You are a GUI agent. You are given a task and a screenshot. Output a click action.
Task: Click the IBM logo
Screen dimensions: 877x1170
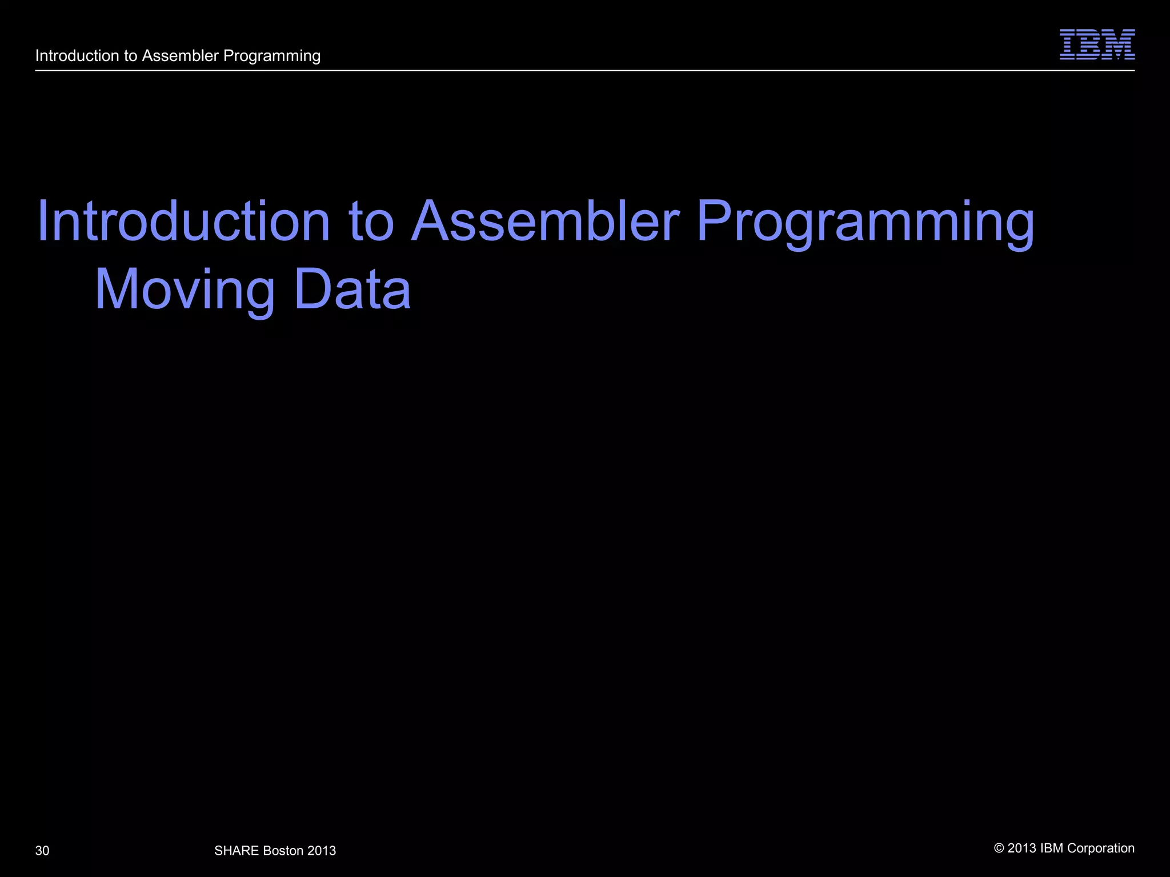point(1097,45)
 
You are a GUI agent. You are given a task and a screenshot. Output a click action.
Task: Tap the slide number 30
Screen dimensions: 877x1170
point(42,851)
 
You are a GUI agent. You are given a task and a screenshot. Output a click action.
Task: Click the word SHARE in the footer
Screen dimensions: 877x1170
point(237,851)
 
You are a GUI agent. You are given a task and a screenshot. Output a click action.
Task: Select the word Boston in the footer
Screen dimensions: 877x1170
point(283,851)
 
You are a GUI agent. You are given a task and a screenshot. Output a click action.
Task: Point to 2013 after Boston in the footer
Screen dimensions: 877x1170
point(322,851)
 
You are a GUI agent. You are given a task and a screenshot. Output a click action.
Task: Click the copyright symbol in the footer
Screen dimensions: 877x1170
point(999,848)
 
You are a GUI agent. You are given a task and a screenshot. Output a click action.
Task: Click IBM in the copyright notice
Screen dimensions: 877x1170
point(1051,848)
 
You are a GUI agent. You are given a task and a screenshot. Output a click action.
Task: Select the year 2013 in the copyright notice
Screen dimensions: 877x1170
point(1022,848)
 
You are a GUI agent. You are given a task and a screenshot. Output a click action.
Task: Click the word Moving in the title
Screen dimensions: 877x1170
point(185,290)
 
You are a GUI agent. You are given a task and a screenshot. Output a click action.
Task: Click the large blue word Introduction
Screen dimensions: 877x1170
point(183,221)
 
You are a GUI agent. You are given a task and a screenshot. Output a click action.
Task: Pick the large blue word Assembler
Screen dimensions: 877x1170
point(546,221)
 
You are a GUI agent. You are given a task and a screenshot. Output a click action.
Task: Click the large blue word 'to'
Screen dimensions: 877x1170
point(371,222)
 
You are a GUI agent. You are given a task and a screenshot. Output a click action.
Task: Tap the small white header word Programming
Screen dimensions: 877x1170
point(272,57)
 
